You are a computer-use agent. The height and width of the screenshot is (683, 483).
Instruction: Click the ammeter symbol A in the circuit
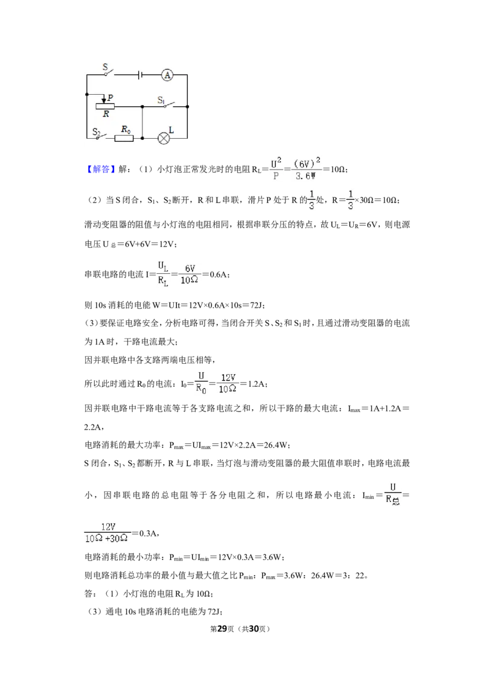coord(167,75)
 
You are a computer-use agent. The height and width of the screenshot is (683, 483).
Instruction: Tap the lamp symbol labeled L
coord(164,139)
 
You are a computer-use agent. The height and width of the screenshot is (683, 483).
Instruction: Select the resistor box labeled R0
coord(124,139)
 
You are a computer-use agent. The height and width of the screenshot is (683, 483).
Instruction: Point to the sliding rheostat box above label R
coord(105,106)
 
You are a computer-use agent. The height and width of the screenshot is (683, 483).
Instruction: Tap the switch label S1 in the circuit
coord(161,100)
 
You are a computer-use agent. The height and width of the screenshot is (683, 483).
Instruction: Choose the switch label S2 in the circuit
coord(96,132)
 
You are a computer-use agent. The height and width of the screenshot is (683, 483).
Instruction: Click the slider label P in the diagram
coord(110,98)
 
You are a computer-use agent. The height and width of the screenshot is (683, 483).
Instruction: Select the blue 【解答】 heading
coord(100,169)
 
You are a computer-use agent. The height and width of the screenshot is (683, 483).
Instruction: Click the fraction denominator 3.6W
coord(305,176)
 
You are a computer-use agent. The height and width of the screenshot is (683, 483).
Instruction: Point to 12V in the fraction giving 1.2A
coord(228,377)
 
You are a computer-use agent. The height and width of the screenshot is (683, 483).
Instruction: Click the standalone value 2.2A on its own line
coord(93,427)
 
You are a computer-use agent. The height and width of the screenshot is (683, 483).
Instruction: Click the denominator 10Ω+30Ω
coord(106,539)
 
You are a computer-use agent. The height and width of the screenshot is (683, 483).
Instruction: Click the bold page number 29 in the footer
coord(222,629)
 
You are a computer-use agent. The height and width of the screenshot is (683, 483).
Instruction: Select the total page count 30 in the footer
coord(254,629)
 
